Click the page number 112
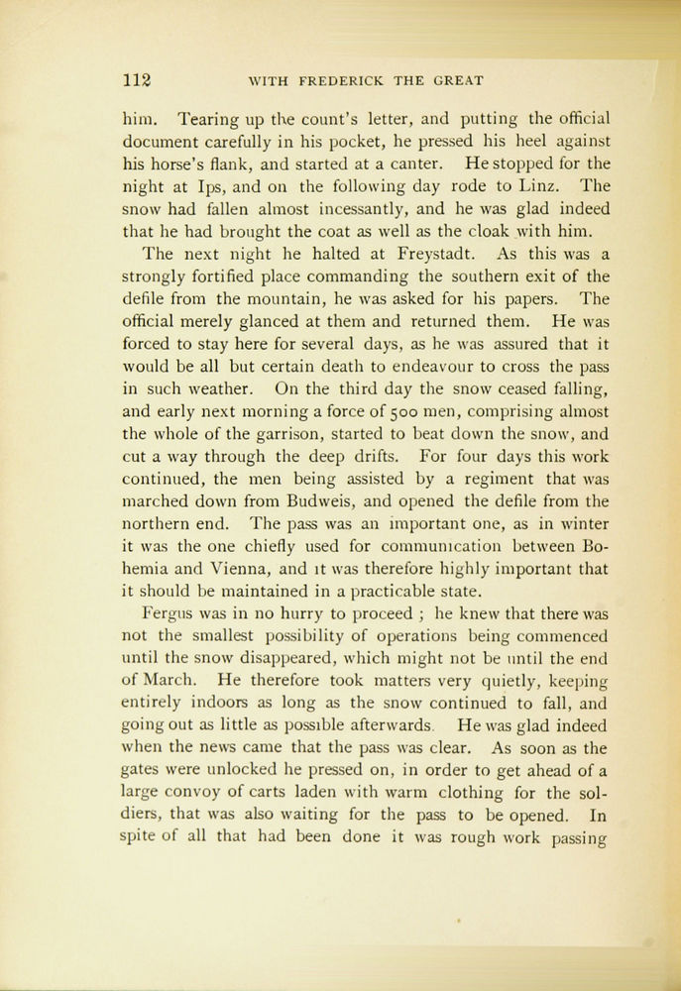[135, 81]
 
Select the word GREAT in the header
[456, 82]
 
